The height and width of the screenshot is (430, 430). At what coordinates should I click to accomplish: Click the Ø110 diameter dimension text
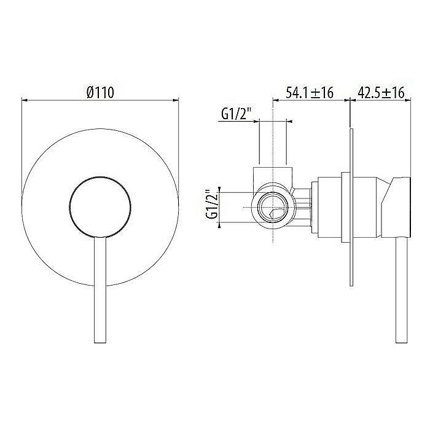[x=101, y=93]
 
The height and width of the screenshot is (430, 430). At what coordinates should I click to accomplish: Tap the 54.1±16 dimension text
[x=310, y=93]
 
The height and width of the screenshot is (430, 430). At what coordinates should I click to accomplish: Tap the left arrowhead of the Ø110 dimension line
[x=24, y=99]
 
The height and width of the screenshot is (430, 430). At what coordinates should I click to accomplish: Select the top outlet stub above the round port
[x=273, y=172]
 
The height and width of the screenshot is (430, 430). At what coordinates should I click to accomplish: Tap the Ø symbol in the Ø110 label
[x=90, y=93]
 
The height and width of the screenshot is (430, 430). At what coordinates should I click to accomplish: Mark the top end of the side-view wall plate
[x=351, y=131]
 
